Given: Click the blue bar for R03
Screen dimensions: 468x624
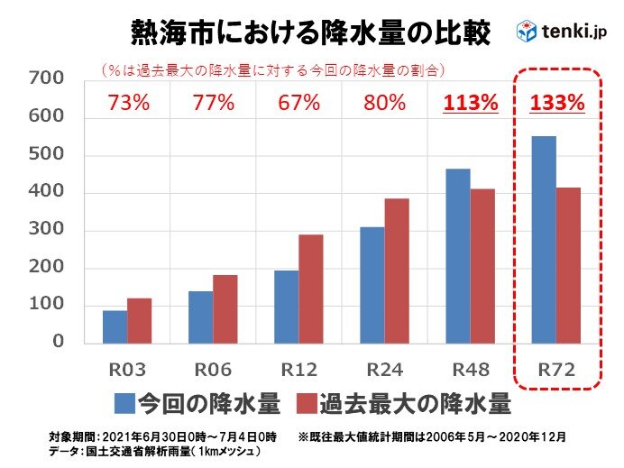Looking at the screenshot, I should pyautogui.click(x=115, y=326).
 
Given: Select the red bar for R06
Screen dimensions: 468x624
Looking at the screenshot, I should pyautogui.click(x=225, y=308).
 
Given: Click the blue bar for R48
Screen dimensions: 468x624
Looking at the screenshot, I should pyautogui.click(x=457, y=255).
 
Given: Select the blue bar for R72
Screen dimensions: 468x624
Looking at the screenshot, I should pyautogui.click(x=544, y=239).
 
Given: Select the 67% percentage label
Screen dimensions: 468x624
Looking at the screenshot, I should pyautogui.click(x=298, y=102).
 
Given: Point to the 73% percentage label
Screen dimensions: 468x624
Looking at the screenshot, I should pyautogui.click(x=126, y=102).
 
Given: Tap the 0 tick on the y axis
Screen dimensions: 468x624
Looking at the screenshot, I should pyautogui.click(x=58, y=343).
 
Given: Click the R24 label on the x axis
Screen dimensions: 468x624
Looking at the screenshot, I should pyautogui.click(x=384, y=370).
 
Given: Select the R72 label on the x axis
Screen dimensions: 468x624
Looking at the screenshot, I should pyautogui.click(x=556, y=370).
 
